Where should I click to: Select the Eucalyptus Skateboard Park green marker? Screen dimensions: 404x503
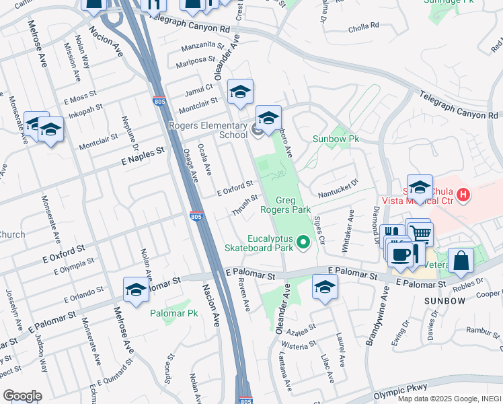[x=303, y=242]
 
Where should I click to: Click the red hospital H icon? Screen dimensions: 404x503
[x=463, y=195]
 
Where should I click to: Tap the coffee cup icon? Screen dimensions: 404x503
[x=401, y=254]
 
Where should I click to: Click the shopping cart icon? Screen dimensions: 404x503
[x=421, y=233]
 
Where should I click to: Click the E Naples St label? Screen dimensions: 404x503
[x=143, y=158]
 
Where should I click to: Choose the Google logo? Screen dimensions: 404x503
[x=23, y=395]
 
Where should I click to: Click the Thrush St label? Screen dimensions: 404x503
[x=244, y=205]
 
